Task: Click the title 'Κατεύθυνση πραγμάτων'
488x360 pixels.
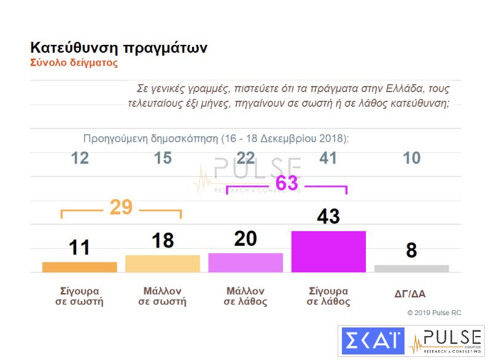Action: [118, 48]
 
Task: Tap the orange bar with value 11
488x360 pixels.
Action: [79, 267]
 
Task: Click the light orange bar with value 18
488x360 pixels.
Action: [163, 263]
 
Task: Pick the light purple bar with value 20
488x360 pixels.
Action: [246, 262]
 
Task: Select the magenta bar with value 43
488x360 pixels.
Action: [328, 251]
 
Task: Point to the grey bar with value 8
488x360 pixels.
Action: [411, 268]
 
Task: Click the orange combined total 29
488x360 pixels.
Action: [121, 208]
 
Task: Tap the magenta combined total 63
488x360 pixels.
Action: [287, 183]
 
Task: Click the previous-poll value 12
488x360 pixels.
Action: [80, 158]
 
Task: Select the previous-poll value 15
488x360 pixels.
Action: [163, 158]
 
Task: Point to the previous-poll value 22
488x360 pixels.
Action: [246, 158]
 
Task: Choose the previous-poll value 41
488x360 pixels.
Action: [328, 158]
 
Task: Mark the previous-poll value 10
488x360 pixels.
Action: [411, 158]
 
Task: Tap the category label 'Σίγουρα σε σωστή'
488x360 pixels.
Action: [79, 295]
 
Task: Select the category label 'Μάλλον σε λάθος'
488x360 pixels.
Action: [246, 295]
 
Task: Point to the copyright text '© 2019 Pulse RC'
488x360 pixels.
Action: [434, 313]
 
